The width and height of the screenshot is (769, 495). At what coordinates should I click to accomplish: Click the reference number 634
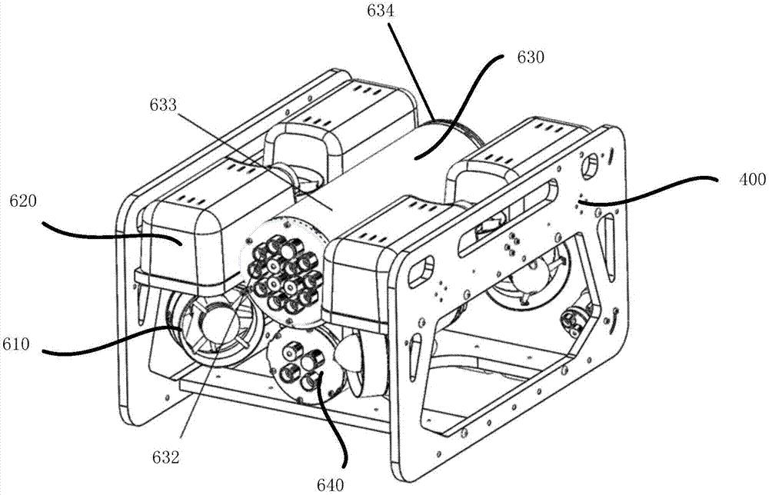click(x=381, y=11)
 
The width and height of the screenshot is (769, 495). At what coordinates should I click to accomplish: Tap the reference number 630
click(x=531, y=58)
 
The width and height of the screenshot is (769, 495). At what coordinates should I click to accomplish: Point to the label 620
click(x=23, y=201)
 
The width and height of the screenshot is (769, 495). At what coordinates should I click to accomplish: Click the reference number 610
click(x=15, y=344)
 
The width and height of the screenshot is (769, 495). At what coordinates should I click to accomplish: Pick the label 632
click(x=165, y=458)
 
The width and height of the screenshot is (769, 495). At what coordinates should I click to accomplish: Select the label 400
click(x=752, y=179)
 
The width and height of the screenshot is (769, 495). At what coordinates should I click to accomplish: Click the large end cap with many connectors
click(x=284, y=272)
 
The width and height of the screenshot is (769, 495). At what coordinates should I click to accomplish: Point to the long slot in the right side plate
click(x=507, y=218)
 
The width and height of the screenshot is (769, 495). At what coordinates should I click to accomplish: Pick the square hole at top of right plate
click(x=590, y=164)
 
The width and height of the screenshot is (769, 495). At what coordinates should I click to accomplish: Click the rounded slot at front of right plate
click(x=421, y=270)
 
